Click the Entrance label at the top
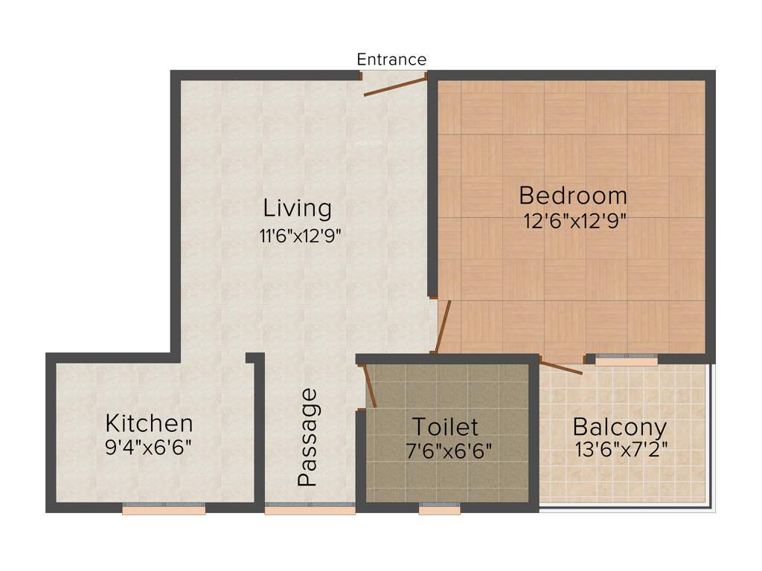(x=391, y=59)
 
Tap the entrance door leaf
(x=395, y=85)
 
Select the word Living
(x=298, y=207)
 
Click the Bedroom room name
(x=573, y=196)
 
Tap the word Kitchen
(x=150, y=424)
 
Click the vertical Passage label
(x=307, y=437)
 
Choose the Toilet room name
(x=445, y=427)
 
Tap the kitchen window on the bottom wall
(x=164, y=509)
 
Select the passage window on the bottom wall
(x=310, y=509)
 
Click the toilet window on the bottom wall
(x=439, y=509)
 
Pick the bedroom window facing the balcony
(x=627, y=360)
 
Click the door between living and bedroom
(x=444, y=327)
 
